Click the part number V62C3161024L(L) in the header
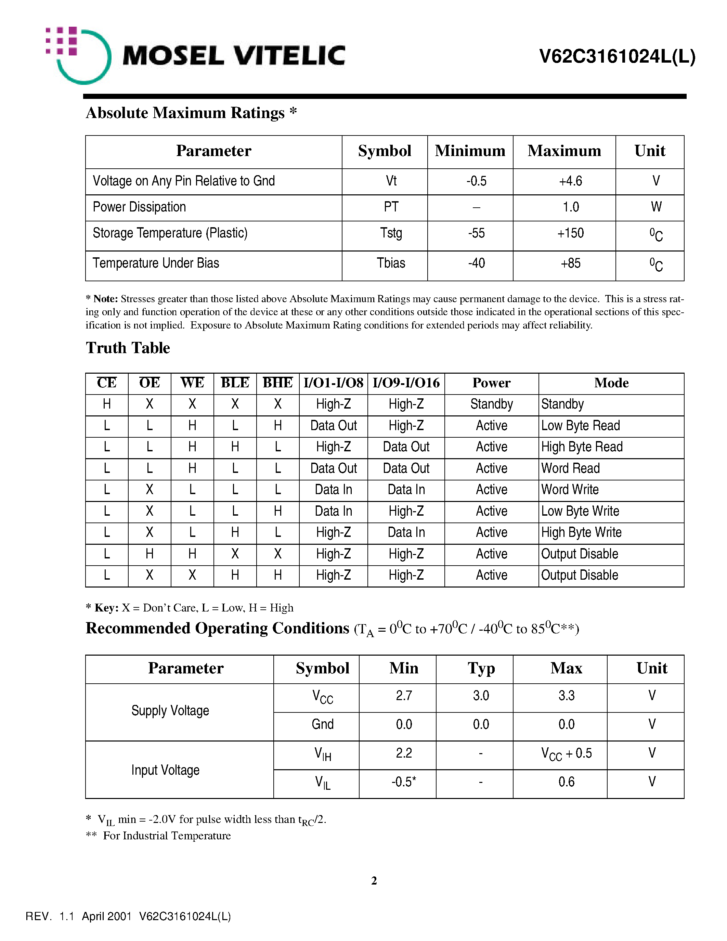click(617, 56)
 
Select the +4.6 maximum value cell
click(570, 181)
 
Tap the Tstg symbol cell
click(391, 233)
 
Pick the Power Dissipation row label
click(139, 207)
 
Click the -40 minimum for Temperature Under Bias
click(476, 263)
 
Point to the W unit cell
click(655, 207)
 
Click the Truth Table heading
click(128, 348)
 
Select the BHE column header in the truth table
click(277, 383)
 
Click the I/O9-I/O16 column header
click(406, 383)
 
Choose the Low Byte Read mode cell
click(580, 426)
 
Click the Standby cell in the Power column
click(491, 404)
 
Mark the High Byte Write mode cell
click(581, 532)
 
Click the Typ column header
click(481, 668)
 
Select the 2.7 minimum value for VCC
click(404, 695)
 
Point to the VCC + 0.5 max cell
click(566, 753)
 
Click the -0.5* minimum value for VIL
click(404, 782)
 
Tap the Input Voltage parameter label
click(165, 770)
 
